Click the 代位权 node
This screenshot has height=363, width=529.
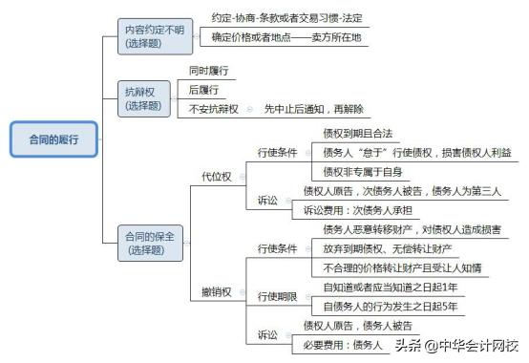[216, 176]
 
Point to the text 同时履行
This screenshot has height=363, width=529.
[208, 71]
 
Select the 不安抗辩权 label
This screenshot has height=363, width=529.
[215, 109]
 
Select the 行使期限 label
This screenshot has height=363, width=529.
[279, 296]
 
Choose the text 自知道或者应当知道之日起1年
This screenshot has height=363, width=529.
[391, 287]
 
